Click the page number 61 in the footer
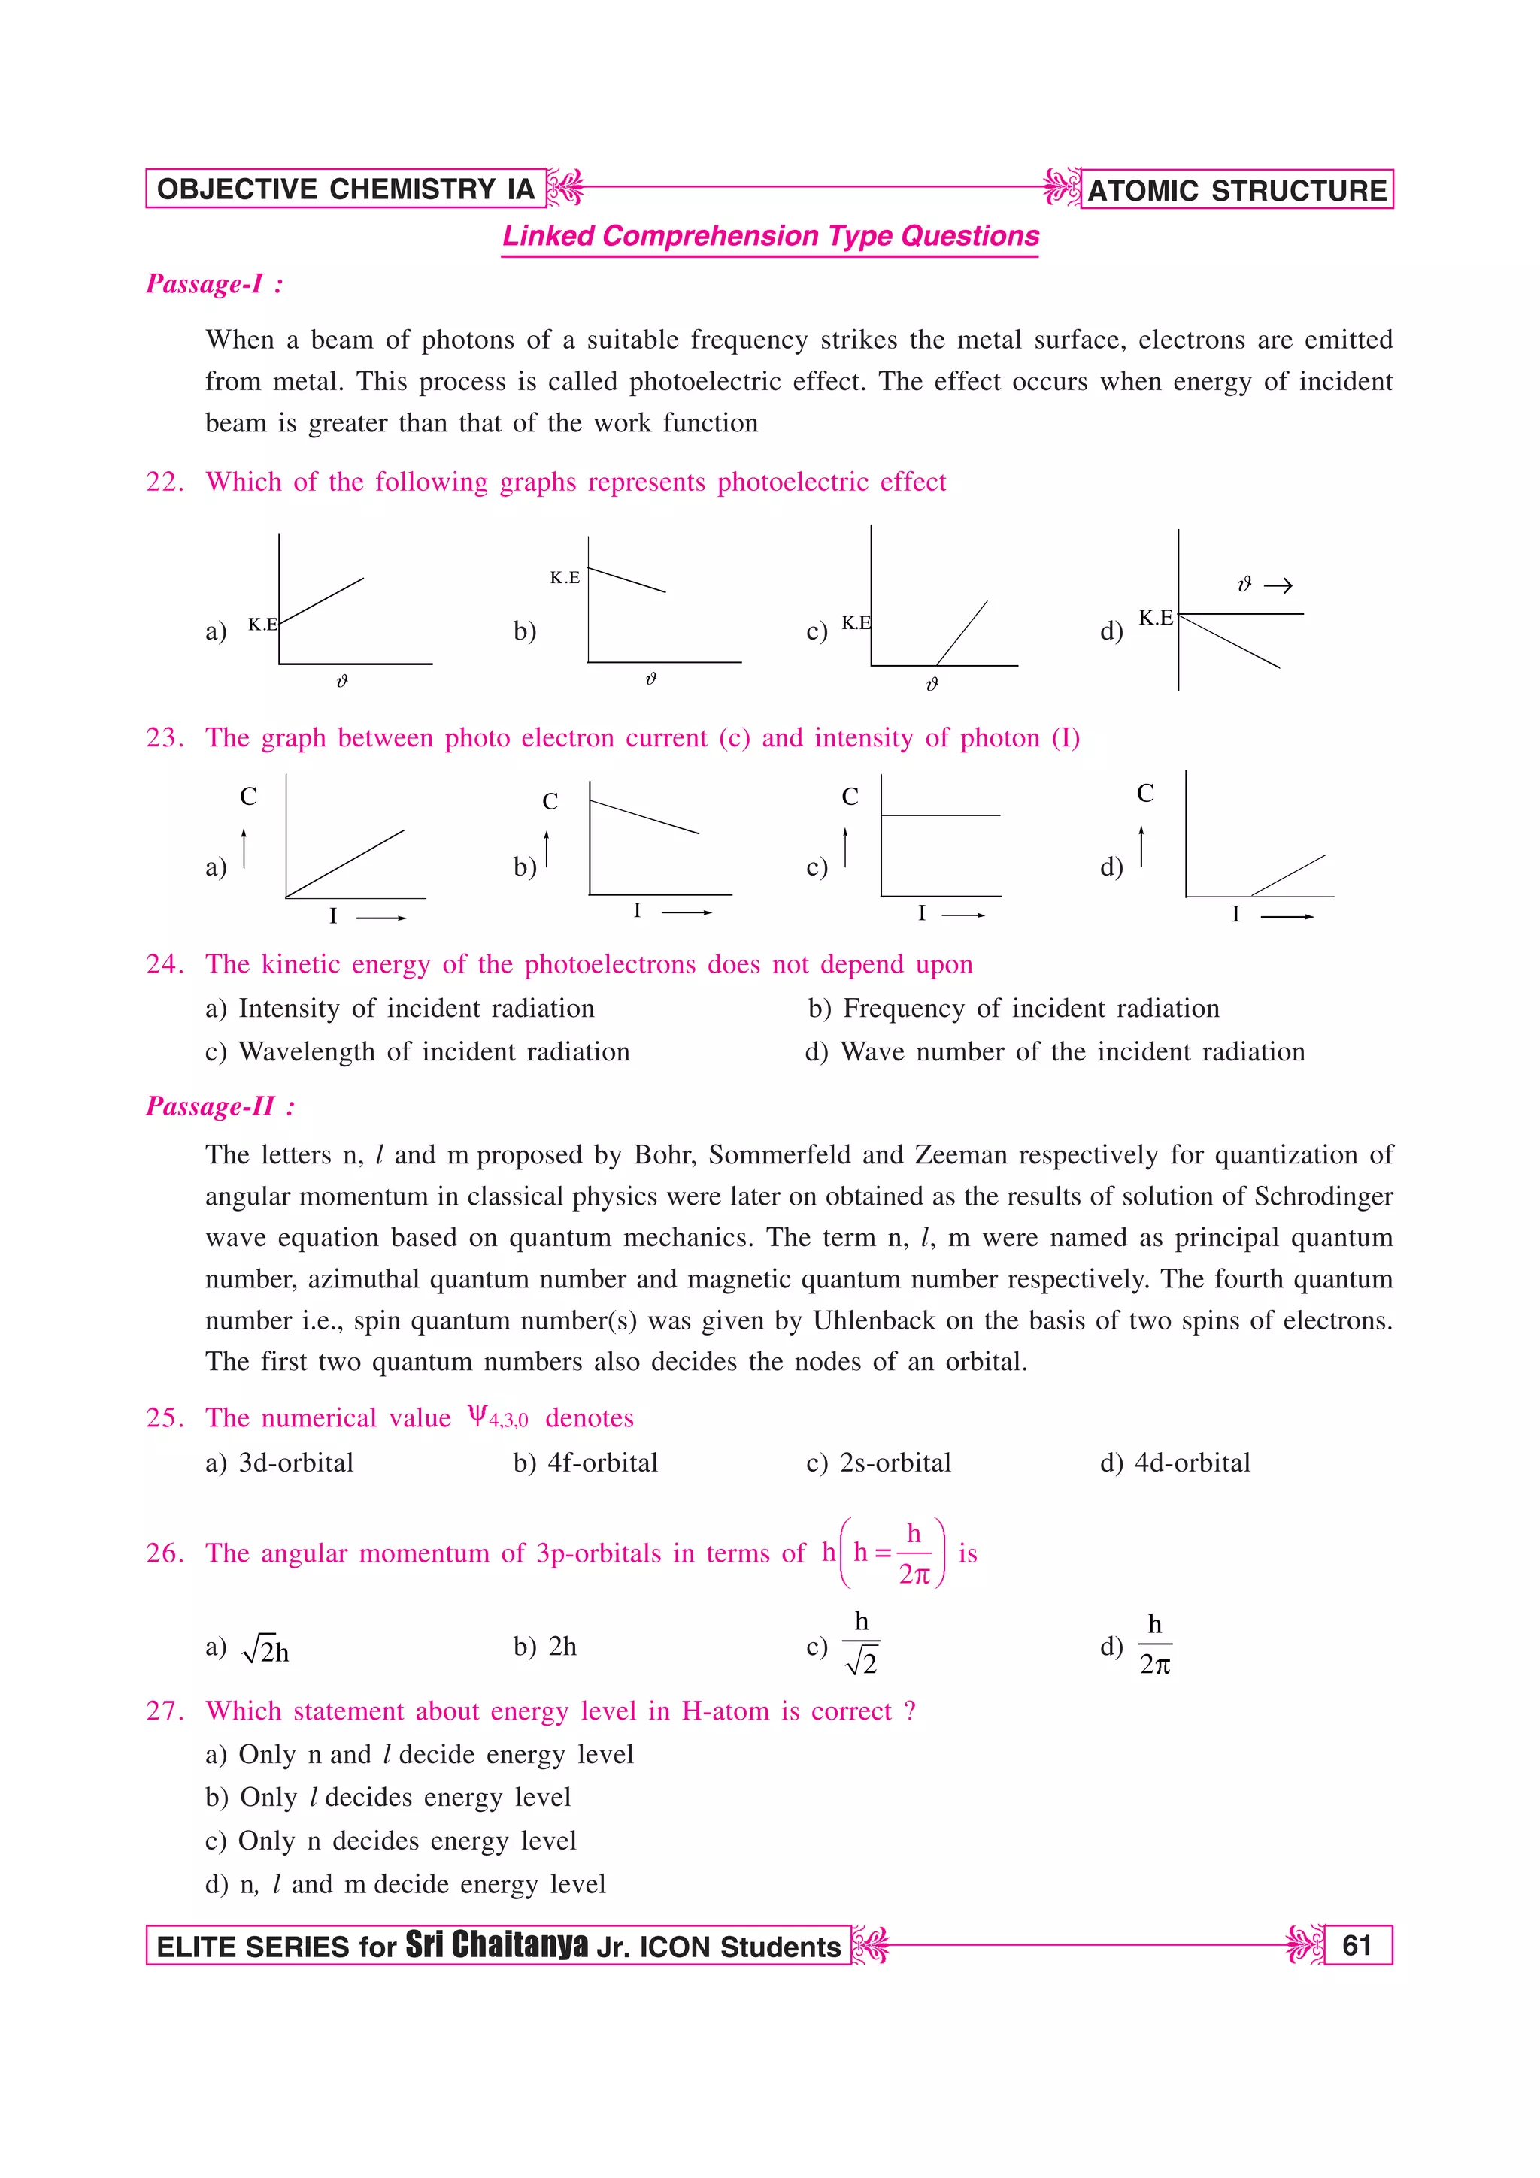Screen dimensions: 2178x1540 pos(1357,1945)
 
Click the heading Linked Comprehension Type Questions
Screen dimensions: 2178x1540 pos(771,235)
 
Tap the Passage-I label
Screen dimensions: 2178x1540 pos(214,283)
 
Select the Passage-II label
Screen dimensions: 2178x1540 pos(219,1106)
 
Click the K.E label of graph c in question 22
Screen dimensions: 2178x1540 pos(855,622)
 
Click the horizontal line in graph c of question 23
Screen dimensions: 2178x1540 pos(939,815)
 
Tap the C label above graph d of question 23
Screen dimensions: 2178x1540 pos(1145,793)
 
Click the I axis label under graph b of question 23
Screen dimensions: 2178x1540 pos(637,911)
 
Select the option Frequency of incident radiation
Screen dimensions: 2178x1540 pos(1030,1009)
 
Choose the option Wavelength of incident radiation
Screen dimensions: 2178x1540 pos(434,1052)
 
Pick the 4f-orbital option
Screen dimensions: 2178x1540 pos(602,1463)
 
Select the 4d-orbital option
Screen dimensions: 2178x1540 pos(1192,1463)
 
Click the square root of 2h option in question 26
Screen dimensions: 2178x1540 pos(265,1650)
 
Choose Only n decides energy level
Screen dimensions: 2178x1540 pos(407,1841)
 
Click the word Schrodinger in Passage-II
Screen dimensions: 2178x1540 pos(1323,1196)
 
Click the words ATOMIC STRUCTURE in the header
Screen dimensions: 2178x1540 pos(1236,191)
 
